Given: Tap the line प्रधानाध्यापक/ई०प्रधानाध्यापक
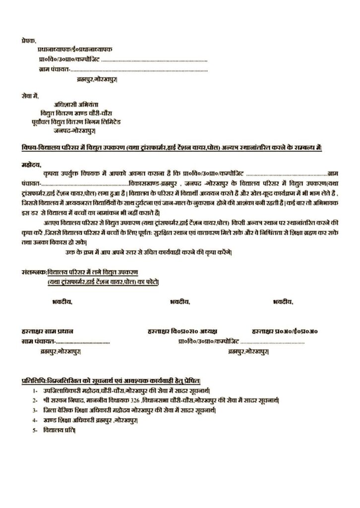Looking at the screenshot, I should click(74, 50).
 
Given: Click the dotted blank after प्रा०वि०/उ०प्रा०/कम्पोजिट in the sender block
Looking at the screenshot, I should click(154, 60).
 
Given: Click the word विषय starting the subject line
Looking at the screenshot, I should click(29, 148).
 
